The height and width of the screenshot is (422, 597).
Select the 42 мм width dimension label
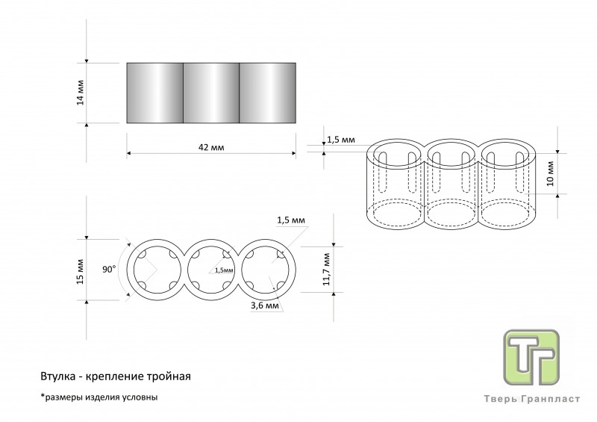pyautogui.click(x=212, y=148)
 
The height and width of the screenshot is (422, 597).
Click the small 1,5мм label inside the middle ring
pyautogui.click(x=223, y=270)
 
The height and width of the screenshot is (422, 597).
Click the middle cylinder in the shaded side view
pyautogui.click(x=211, y=93)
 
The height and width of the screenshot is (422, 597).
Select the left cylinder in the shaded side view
pyautogui.click(x=155, y=93)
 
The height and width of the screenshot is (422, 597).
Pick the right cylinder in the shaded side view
pyautogui.click(x=267, y=93)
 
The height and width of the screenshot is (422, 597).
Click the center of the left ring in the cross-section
pyautogui.click(x=156, y=269)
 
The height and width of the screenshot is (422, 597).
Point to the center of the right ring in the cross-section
pyautogui.click(x=268, y=269)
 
